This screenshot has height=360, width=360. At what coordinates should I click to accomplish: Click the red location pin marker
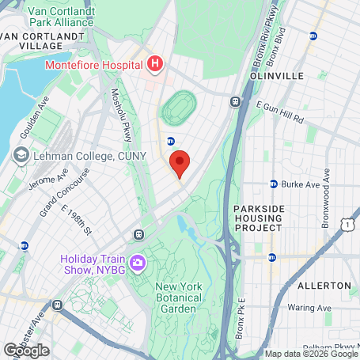pos(180,164)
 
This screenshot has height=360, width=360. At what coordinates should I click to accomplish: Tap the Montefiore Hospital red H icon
pos(154,63)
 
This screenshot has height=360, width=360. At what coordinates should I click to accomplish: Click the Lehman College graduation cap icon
pos(23,156)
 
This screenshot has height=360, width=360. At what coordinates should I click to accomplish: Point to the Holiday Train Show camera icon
pos(138,262)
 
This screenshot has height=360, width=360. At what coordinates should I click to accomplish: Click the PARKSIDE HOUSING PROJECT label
pos(258,218)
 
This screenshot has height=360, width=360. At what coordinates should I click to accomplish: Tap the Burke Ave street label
pos(301,184)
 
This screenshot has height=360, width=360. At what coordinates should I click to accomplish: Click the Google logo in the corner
pos(26,350)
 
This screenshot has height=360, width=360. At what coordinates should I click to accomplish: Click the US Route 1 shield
pos(347,225)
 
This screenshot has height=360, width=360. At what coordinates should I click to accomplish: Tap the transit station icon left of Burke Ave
pos(273,184)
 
